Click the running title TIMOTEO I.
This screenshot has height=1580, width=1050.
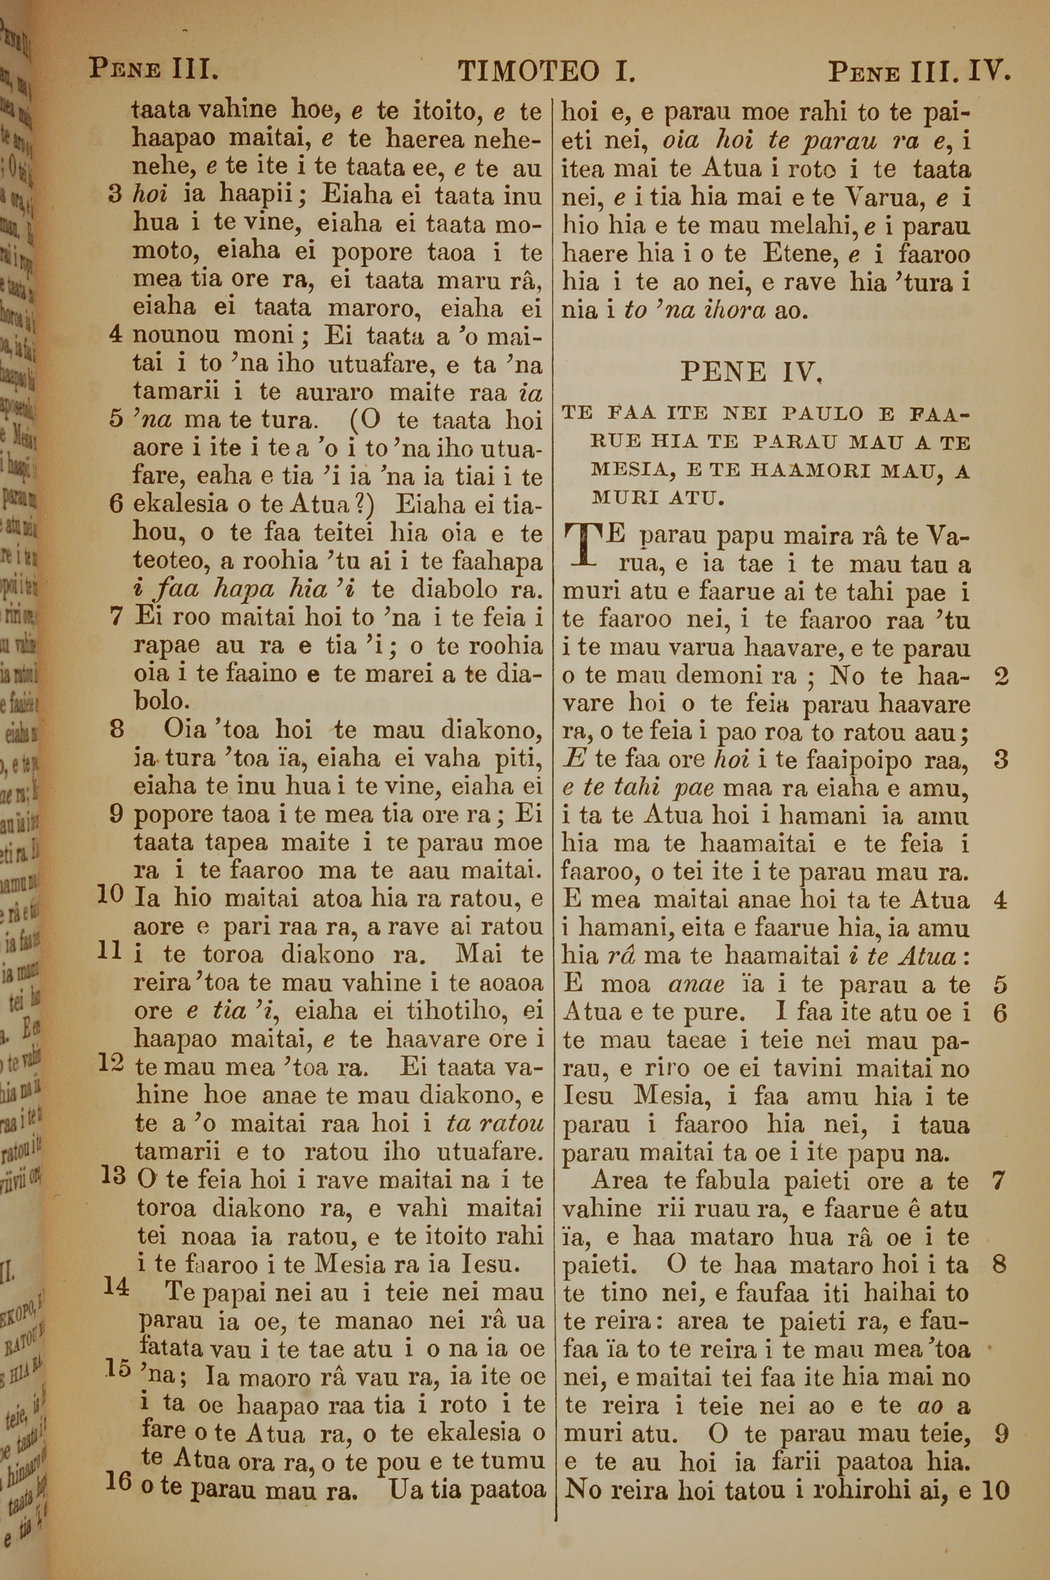(546, 70)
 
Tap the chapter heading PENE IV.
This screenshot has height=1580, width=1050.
(751, 370)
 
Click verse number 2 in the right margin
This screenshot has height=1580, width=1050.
(1001, 677)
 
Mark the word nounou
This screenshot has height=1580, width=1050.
(177, 335)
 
